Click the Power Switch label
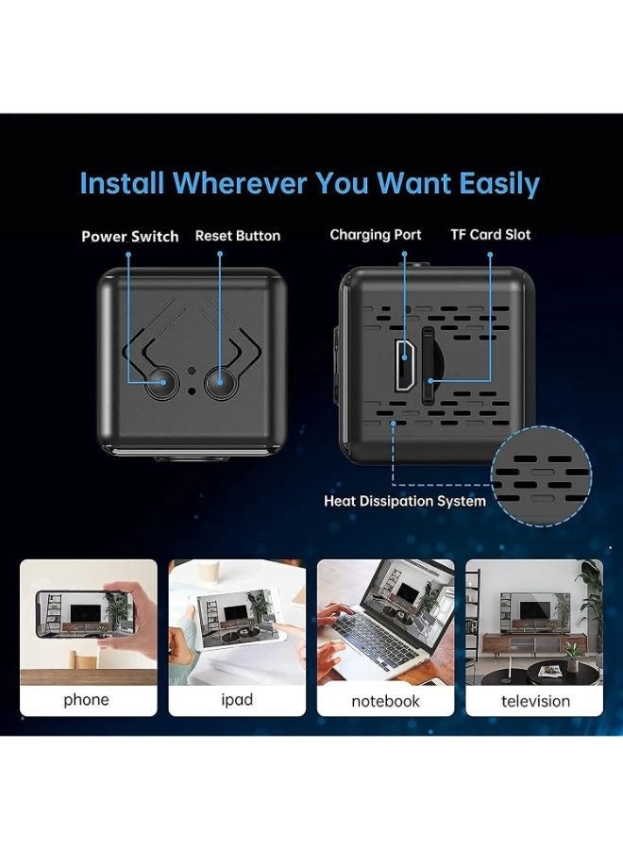tap(130, 237)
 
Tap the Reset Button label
tap(238, 236)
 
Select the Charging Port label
tap(376, 235)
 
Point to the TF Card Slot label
tap(490, 235)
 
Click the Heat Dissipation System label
tap(405, 501)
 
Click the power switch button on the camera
tap(162, 383)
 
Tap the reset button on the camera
tap(220, 382)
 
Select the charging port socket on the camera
tap(404, 364)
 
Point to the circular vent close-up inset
tap(541, 476)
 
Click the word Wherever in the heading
tap(241, 183)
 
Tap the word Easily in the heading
tap(499, 184)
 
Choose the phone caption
tap(86, 700)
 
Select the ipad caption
tap(237, 699)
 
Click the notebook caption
tap(385, 701)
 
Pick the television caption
tap(535, 701)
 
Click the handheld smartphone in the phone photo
tap(85, 614)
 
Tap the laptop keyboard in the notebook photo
tap(373, 640)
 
